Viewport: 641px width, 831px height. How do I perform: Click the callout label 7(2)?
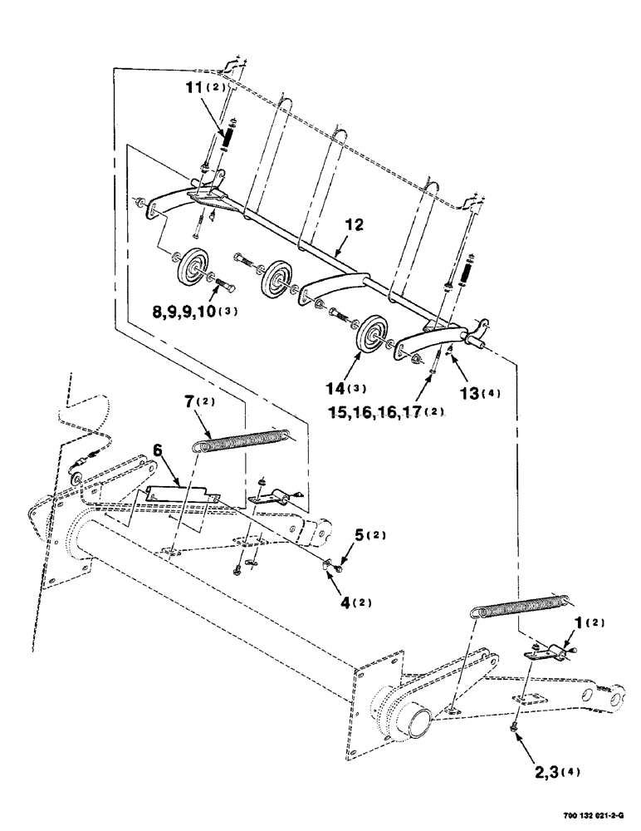pyautogui.click(x=200, y=403)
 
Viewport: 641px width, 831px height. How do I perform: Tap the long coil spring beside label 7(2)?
pyautogui.click(x=241, y=440)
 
